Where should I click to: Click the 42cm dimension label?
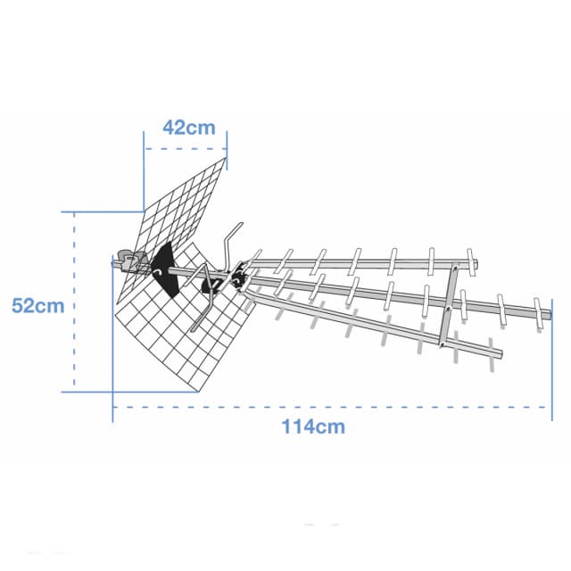click(188, 128)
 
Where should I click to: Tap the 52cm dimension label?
click(37, 305)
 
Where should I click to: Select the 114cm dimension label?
click(313, 426)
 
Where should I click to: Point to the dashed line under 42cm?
click(186, 149)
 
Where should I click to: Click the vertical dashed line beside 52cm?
click(74, 300)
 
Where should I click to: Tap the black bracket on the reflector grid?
click(164, 269)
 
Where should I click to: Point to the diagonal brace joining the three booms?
click(448, 305)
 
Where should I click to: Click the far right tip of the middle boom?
click(551, 314)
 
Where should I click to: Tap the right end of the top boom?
click(476, 263)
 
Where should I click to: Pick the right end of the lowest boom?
click(501, 353)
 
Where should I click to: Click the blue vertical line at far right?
click(552, 360)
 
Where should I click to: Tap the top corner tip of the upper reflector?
click(226, 158)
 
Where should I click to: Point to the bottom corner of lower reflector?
click(198, 392)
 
